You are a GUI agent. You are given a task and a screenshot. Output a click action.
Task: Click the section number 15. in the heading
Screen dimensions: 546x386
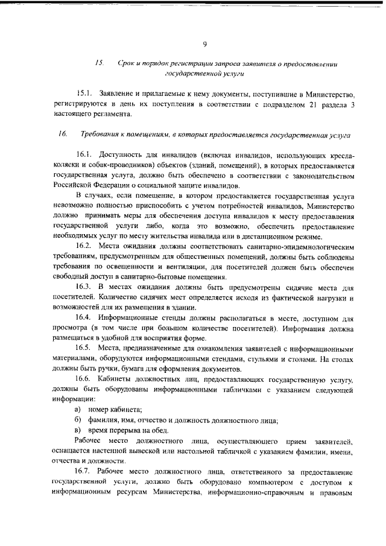point(100,63)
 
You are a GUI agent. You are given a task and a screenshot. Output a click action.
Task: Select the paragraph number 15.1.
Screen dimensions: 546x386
point(84,94)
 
